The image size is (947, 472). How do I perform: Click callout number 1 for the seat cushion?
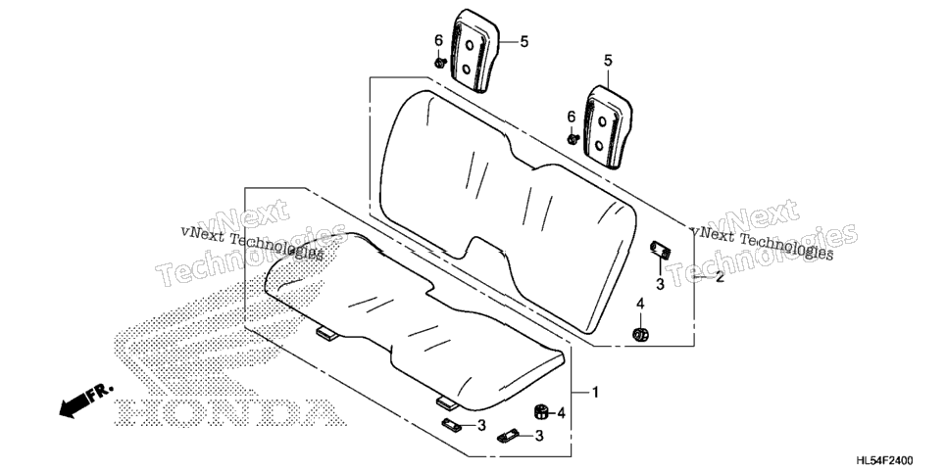coord(595,393)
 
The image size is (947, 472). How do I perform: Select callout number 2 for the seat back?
coord(720,278)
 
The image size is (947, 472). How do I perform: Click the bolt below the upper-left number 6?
coord(439,62)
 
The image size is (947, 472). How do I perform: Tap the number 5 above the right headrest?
coord(608,61)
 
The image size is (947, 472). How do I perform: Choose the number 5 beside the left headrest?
coord(523,42)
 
